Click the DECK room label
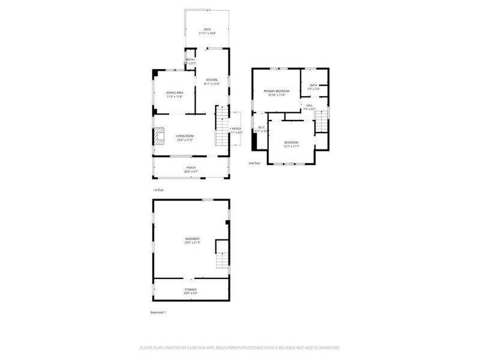pyautogui.click(x=207, y=29)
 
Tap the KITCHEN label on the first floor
pyautogui.click(x=212, y=80)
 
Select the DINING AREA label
pyautogui.click(x=175, y=92)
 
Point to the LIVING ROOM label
pyautogui.click(x=184, y=136)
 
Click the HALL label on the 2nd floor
pyautogui.click(x=310, y=106)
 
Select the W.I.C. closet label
pyautogui.click(x=262, y=127)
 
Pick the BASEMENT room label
pyautogui.click(x=192, y=239)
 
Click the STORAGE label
pyautogui.click(x=190, y=289)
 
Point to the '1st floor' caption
pyautogui.click(x=158, y=190)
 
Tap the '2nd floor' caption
pyautogui.click(x=255, y=163)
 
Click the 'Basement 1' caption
pyautogui.click(x=158, y=313)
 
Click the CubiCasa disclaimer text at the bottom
pyautogui.click(x=240, y=347)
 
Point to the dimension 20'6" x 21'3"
pyautogui.click(x=192, y=242)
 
